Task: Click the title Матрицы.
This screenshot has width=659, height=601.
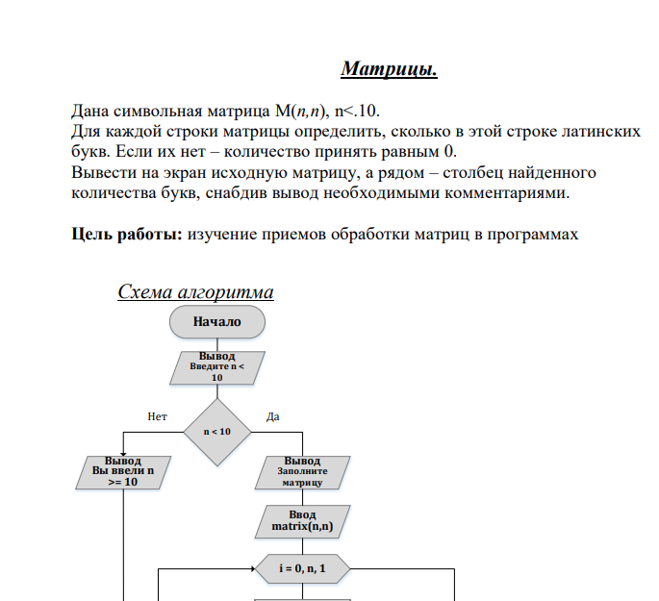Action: point(390,69)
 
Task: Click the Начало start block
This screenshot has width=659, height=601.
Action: point(216,321)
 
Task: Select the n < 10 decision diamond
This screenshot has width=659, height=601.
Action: point(216,431)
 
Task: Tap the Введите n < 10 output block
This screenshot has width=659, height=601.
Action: point(216,366)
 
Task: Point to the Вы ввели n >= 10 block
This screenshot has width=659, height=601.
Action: point(122,472)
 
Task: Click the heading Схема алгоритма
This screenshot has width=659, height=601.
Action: point(195,292)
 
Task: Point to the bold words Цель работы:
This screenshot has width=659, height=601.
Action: point(127,234)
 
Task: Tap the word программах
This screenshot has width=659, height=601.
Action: point(535,234)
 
